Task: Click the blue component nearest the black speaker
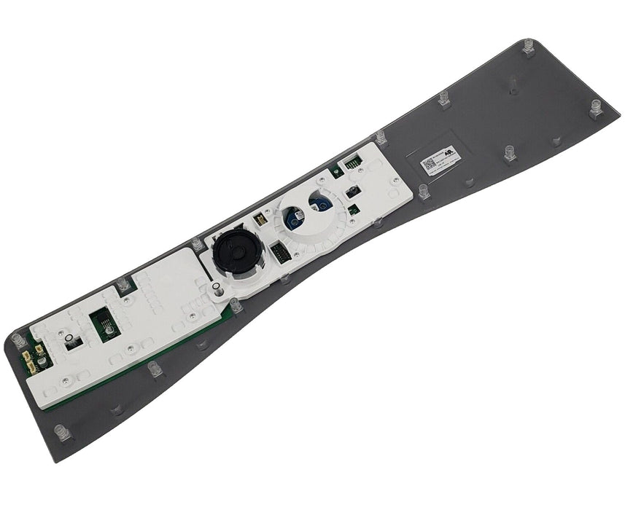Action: tap(292, 216)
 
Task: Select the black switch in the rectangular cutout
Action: tap(352, 192)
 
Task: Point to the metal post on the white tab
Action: tap(217, 290)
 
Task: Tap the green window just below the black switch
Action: tap(352, 210)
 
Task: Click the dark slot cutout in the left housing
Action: tap(73, 342)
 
